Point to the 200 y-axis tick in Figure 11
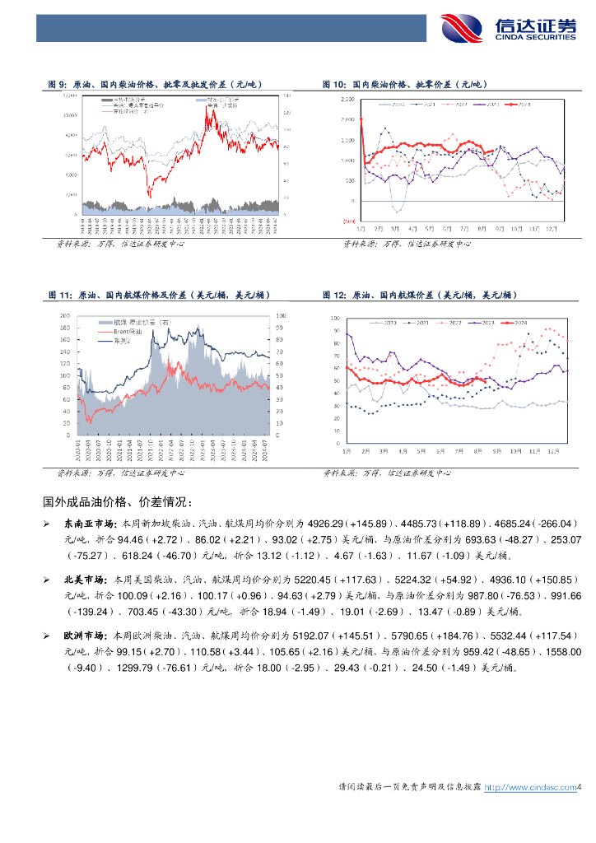pyautogui.click(x=63, y=316)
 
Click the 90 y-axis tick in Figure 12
pyautogui.click(x=337, y=331)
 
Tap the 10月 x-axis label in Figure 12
pyautogui.click(x=515, y=451)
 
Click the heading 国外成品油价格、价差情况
pyautogui.click(x=118, y=501)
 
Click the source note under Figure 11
pyautogui.click(x=120, y=473)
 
